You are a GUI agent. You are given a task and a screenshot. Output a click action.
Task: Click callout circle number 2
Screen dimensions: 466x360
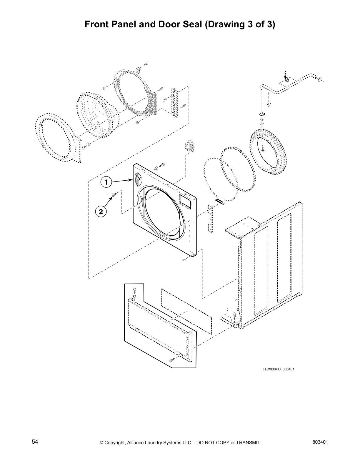101,211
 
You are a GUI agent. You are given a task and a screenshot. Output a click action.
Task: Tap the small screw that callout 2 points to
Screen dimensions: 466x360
114,195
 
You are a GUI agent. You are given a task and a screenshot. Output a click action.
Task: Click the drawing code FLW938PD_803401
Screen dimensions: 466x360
278,369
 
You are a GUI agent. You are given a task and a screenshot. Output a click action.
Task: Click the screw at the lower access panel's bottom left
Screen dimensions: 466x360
171,360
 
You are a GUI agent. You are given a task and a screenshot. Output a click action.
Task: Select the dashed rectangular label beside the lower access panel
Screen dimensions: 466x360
186,311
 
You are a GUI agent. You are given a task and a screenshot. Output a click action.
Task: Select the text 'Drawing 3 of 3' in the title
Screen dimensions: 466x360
239,24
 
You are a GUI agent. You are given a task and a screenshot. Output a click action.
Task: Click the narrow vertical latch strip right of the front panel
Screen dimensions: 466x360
210,219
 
